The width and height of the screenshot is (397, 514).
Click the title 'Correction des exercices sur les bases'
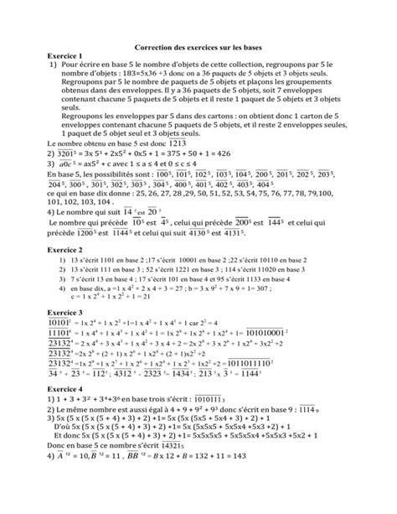(198, 49)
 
